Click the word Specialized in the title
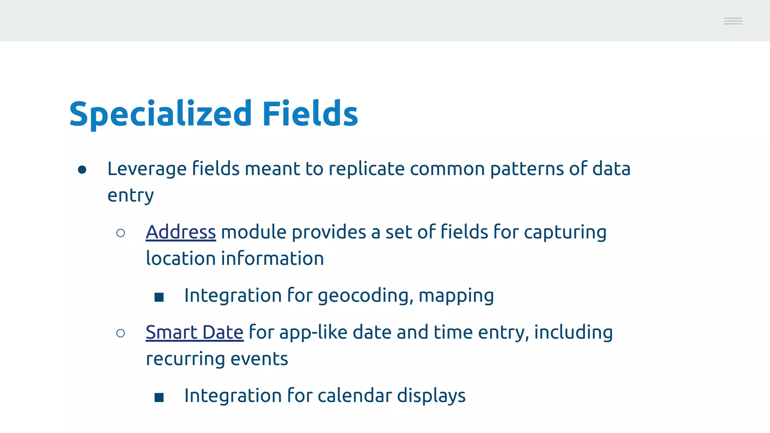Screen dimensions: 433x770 (x=160, y=114)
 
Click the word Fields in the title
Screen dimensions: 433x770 (x=310, y=114)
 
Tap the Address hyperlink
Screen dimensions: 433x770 (x=180, y=232)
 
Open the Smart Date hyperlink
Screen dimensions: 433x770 (x=194, y=332)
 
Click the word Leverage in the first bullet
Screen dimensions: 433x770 (x=147, y=169)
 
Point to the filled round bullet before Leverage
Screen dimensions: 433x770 (x=82, y=170)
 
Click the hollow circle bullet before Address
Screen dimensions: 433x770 (x=121, y=233)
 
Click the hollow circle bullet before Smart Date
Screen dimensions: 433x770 (x=121, y=333)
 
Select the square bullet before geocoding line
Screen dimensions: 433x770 (x=159, y=297)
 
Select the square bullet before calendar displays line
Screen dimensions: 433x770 (x=159, y=397)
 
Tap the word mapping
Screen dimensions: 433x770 (x=456, y=296)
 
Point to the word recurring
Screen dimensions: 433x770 (x=185, y=359)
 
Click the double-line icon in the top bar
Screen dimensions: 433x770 (x=733, y=21)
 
